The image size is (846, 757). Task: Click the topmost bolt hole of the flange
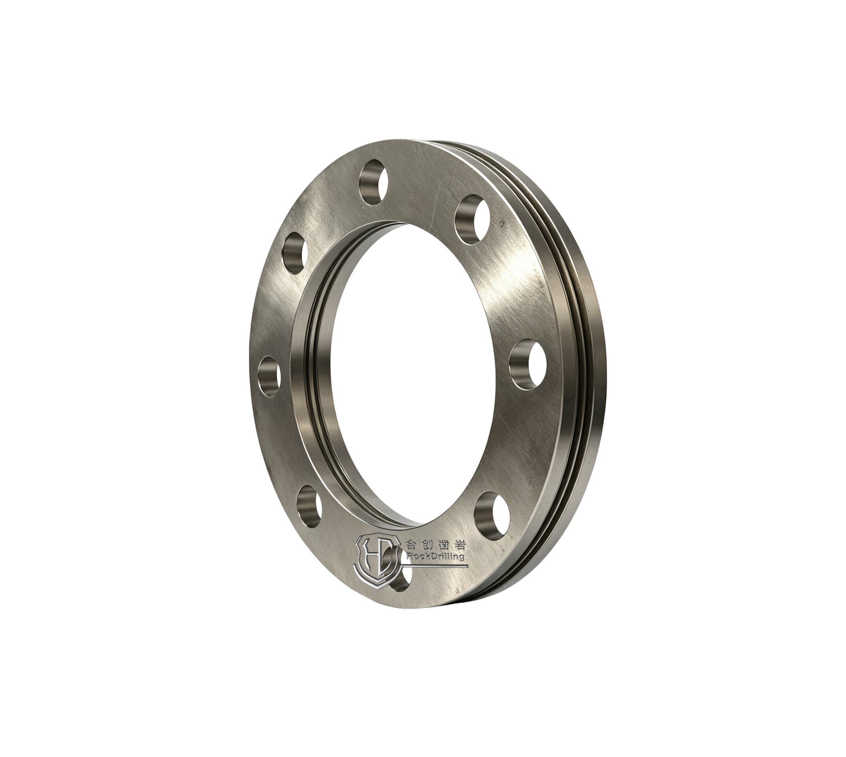tap(373, 182)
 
